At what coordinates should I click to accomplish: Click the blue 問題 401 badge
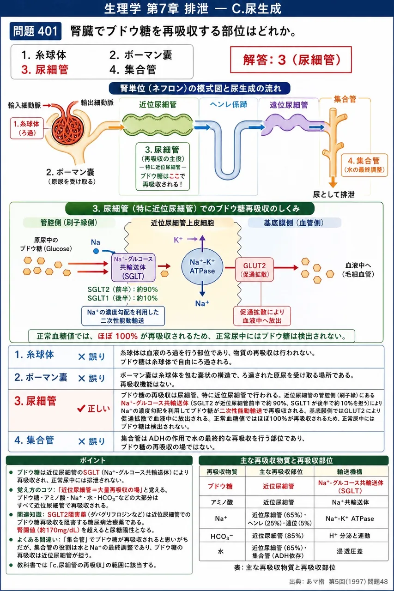(36, 31)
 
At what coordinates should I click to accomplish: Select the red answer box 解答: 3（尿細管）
(291, 60)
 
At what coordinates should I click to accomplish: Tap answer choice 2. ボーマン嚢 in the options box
(141, 55)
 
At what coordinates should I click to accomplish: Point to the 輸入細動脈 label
(24, 106)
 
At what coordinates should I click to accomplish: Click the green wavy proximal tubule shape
(158, 125)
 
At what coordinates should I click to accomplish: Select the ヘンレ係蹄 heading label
(229, 104)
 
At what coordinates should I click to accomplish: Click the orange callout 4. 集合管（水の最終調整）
(364, 165)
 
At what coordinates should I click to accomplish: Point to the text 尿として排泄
(333, 194)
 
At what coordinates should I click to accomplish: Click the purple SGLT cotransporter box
(133, 267)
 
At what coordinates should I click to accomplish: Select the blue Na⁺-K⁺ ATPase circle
(202, 266)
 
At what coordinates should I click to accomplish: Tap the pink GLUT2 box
(255, 270)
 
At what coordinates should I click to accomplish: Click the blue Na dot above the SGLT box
(96, 251)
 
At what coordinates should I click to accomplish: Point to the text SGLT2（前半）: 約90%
(123, 289)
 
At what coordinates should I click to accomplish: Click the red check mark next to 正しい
(81, 409)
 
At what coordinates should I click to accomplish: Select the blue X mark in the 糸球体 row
(82, 357)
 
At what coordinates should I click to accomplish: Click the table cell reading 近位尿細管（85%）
(278, 536)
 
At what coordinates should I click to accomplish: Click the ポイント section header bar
(99, 460)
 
